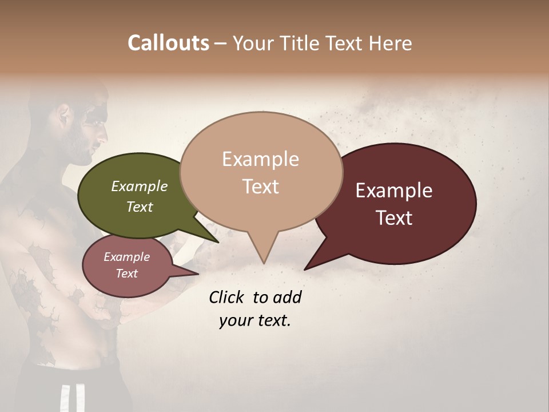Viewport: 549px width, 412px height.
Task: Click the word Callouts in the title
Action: click(x=168, y=43)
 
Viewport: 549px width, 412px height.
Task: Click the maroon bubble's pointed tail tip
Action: click(x=305, y=269)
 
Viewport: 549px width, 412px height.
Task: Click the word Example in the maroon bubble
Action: click(x=394, y=191)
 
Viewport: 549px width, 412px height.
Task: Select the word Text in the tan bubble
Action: click(x=261, y=187)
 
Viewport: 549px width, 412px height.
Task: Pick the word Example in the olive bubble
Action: click(x=140, y=186)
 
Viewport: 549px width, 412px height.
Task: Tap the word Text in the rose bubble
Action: click(x=127, y=274)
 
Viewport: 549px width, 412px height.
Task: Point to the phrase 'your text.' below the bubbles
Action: click(x=254, y=320)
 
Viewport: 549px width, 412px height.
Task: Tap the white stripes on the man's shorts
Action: click(x=65, y=398)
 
